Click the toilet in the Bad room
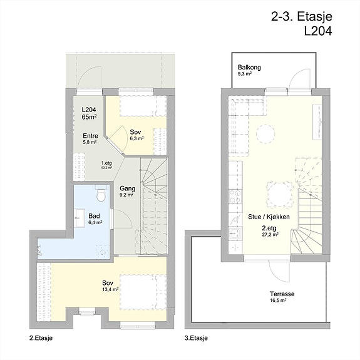pyautogui.click(x=101, y=194)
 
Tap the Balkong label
pyautogui.click(x=249, y=68)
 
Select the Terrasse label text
pyautogui.click(x=282, y=294)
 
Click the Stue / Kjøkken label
pyautogui.click(x=269, y=217)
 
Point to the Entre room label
pyautogui.click(x=90, y=136)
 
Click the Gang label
pyautogui.click(x=128, y=188)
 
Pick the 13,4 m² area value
pyautogui.click(x=110, y=289)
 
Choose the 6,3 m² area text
pyautogui.click(x=137, y=138)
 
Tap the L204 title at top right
pyautogui.click(x=318, y=31)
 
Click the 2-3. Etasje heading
pyautogui.click(x=301, y=17)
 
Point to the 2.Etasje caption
pyautogui.click(x=41, y=338)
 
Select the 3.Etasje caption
pyautogui.click(x=196, y=338)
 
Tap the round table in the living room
pyautogui.click(x=265, y=134)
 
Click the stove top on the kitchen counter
pyautogui.click(x=235, y=197)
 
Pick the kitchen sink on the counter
pyautogui.click(x=235, y=234)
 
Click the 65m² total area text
pyautogui.click(x=89, y=116)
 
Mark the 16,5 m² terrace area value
pyautogui.click(x=278, y=300)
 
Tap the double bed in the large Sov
pyautogui.click(x=143, y=292)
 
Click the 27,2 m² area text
pyautogui.click(x=270, y=234)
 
